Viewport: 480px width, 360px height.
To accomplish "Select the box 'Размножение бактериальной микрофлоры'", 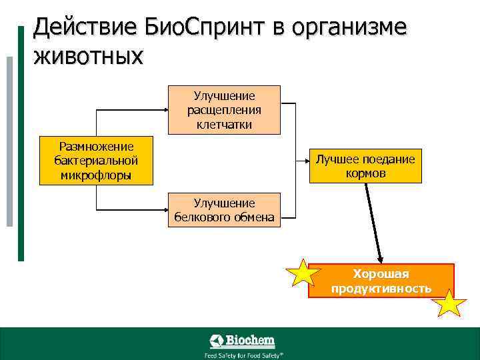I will pos(96,161).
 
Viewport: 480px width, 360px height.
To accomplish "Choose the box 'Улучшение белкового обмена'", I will pos(224,210).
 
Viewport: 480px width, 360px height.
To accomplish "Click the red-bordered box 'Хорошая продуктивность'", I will pos(381,281).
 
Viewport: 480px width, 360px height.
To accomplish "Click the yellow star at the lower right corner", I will pos(449,304).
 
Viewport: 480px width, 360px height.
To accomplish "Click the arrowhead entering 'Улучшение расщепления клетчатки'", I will pos(163,110).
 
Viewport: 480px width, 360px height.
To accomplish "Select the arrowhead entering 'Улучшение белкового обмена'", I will pos(163,210).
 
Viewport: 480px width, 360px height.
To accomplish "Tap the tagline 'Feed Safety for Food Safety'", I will pos(244,355).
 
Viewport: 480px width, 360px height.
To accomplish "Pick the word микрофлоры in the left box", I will pos(96,175).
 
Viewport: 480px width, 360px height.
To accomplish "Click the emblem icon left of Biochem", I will pos(217,341).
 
